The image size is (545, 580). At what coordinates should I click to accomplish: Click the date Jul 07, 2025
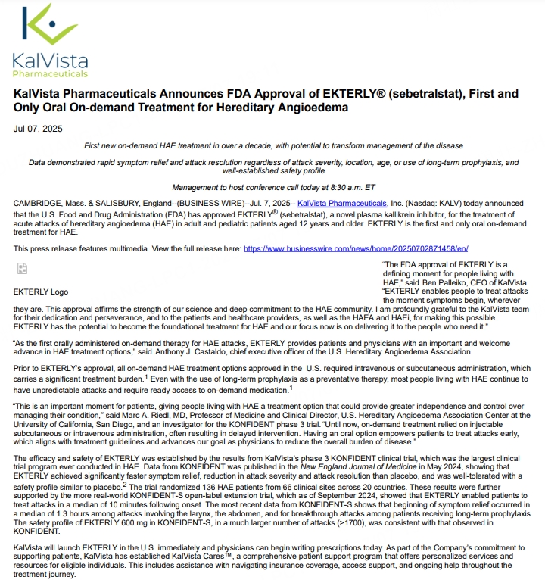(38, 129)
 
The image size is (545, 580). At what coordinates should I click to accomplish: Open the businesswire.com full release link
(356, 248)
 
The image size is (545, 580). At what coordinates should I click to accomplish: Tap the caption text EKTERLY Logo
(41, 292)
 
